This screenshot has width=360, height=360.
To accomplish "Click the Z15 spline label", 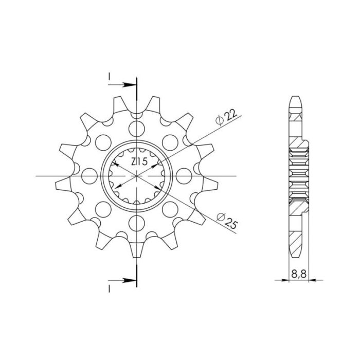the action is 139,161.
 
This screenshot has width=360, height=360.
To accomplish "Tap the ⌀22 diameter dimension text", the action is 226,117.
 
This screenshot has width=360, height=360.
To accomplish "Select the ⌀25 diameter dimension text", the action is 227,221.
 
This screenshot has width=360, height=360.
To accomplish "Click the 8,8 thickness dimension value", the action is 299,274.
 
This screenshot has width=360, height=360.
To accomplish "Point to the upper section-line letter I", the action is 109,77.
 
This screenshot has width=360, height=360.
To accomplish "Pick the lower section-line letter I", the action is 109,289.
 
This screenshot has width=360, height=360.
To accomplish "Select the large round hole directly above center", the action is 137,129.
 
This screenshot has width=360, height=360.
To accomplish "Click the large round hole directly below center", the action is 137,224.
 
